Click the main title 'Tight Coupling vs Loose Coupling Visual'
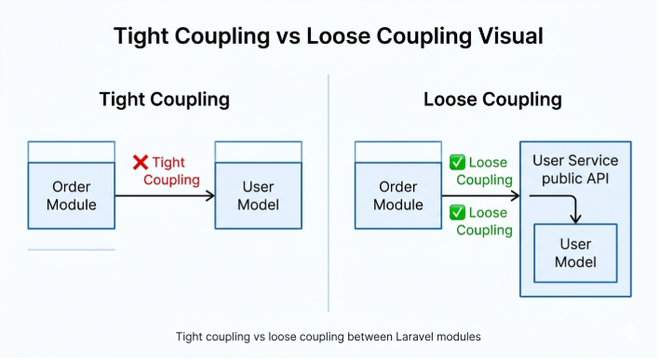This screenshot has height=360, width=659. point(329,36)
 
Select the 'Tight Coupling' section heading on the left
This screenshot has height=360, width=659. point(165,100)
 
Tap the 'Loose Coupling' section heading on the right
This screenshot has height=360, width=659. point(492,100)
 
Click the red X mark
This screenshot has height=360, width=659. point(141,163)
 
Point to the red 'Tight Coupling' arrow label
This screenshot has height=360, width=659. point(170,171)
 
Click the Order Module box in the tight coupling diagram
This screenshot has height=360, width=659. point(72,195)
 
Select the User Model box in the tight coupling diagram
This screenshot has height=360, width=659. point(258,195)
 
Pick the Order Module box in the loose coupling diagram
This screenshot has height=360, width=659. point(398,195)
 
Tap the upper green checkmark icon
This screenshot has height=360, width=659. point(457,162)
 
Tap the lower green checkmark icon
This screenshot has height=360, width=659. point(457,212)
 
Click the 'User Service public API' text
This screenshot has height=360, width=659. point(574,169)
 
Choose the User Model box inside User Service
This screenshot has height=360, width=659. point(574,253)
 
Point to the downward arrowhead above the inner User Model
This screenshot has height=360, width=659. point(575,220)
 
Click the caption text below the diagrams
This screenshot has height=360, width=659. point(329,336)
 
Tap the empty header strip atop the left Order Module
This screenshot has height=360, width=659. point(72,152)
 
